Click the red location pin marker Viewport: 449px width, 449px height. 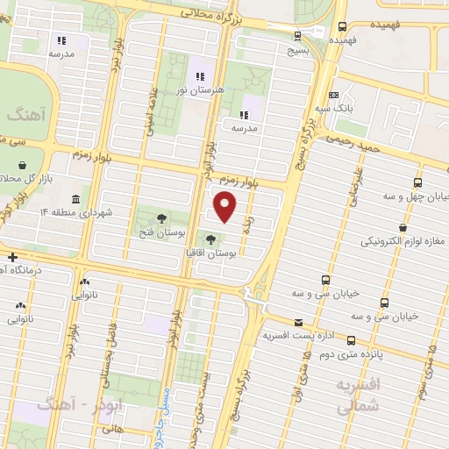pyautogui.click(x=226, y=207)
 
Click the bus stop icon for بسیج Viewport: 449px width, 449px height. pyautogui.click(x=298, y=36)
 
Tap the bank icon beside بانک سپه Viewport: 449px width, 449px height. pyautogui.click(x=333, y=95)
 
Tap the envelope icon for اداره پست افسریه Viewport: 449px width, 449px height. pyautogui.click(x=299, y=322)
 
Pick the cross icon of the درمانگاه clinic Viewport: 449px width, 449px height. pyautogui.click(x=11, y=257)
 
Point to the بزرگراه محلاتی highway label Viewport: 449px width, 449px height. pyautogui.click(x=210, y=13)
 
